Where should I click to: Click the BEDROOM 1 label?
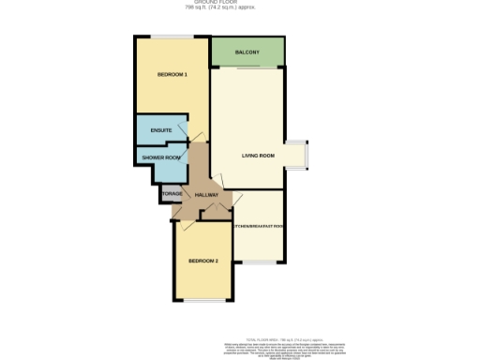172,74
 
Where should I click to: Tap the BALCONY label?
247,53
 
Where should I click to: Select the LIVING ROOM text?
258,156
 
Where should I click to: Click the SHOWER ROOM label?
161,158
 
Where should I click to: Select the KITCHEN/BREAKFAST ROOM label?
258,226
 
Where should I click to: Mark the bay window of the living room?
299,156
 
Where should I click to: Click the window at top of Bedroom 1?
169,37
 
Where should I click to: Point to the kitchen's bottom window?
258,262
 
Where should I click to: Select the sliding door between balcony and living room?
247,68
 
